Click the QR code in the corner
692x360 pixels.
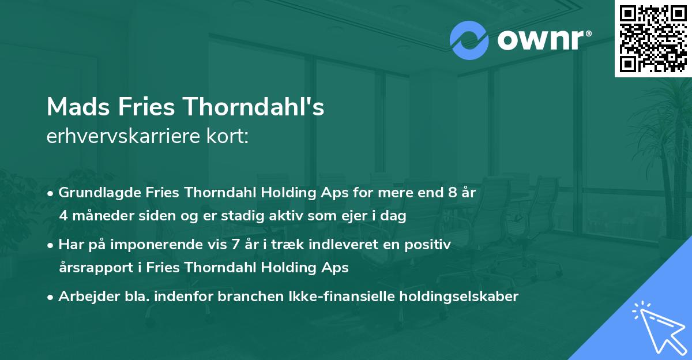click(x=653, y=39)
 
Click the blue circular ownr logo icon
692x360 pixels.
click(x=469, y=40)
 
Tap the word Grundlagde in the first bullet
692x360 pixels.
click(x=92, y=193)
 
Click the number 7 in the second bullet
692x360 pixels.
click(x=234, y=245)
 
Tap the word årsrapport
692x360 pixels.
click(x=93, y=268)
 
